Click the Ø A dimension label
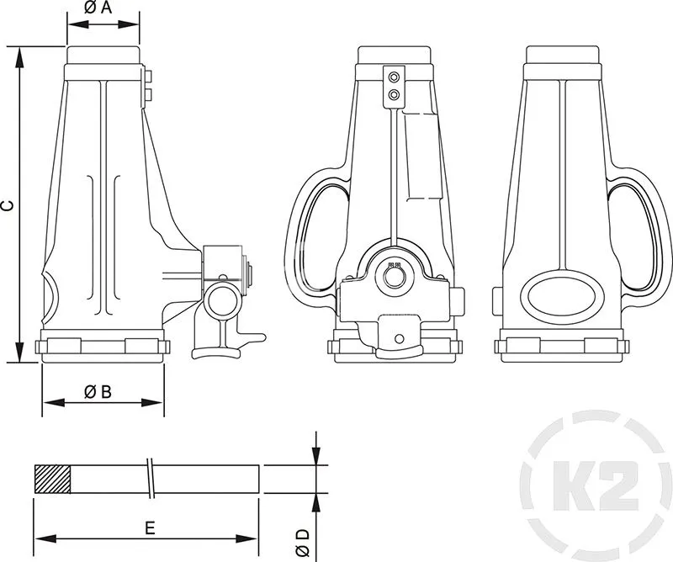click(x=99, y=8)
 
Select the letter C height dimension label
click(x=8, y=204)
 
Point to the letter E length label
click(x=149, y=528)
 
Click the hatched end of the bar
click(x=52, y=479)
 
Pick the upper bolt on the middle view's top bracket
click(x=393, y=79)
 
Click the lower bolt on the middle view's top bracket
click(x=393, y=96)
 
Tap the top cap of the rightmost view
click(x=562, y=56)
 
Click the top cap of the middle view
click(x=394, y=56)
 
